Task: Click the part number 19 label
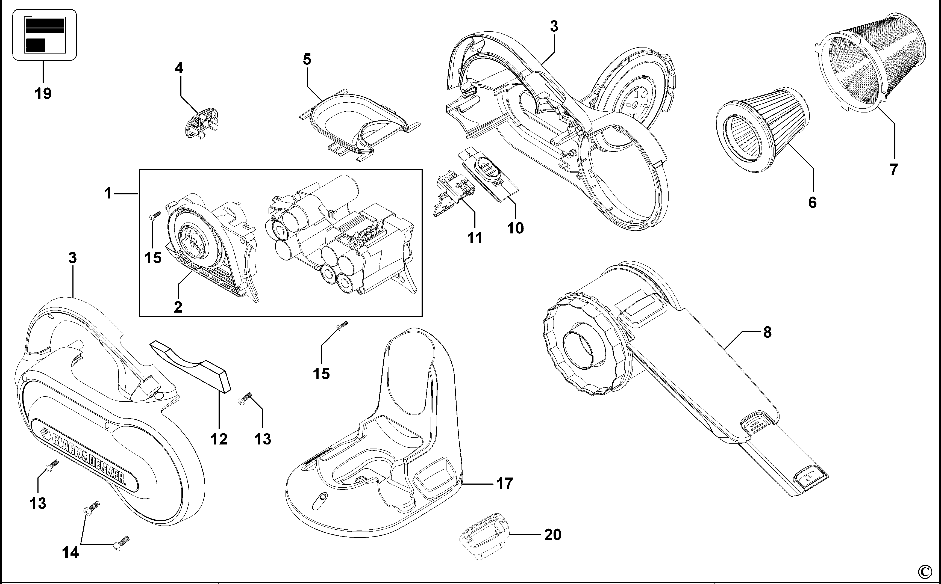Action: click(43, 93)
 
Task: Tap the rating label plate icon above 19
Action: click(45, 35)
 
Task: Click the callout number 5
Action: click(307, 60)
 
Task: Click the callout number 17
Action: click(504, 483)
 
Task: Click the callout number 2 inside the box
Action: click(178, 307)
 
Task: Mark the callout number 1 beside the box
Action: click(107, 193)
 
